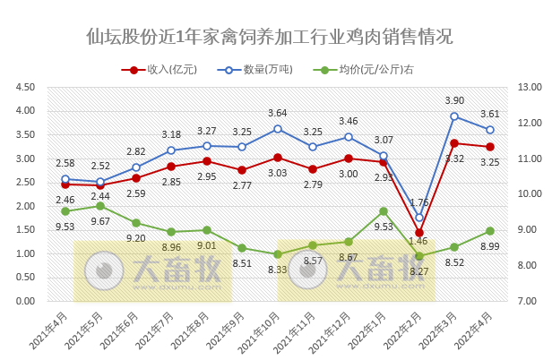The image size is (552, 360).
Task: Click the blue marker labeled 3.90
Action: tap(455, 116)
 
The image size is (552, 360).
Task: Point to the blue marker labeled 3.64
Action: tap(278, 129)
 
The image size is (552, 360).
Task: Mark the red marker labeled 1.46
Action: tap(419, 233)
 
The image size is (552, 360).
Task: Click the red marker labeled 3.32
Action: tap(455, 143)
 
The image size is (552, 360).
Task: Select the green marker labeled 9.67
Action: tap(100, 206)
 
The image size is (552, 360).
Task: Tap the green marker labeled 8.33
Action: tap(278, 254)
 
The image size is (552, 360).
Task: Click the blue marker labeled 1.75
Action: tap(419, 219)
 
